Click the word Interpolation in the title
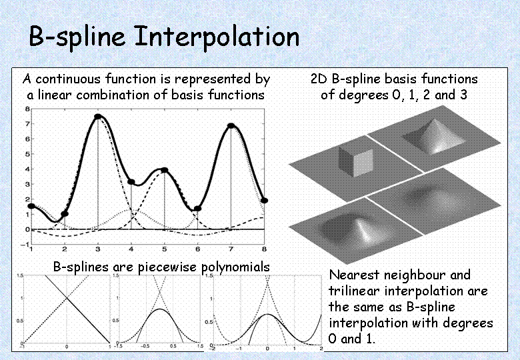[217, 37]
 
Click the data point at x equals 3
[98, 117]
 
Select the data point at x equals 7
[231, 125]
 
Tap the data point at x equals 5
[165, 170]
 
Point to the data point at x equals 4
[131, 182]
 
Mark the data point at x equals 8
[264, 201]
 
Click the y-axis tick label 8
[27, 109]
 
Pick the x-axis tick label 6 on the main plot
[197, 249]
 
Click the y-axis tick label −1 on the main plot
[25, 245]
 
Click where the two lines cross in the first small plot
[67, 298]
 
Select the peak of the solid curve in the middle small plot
[160, 309]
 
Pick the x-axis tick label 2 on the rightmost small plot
[321, 349]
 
